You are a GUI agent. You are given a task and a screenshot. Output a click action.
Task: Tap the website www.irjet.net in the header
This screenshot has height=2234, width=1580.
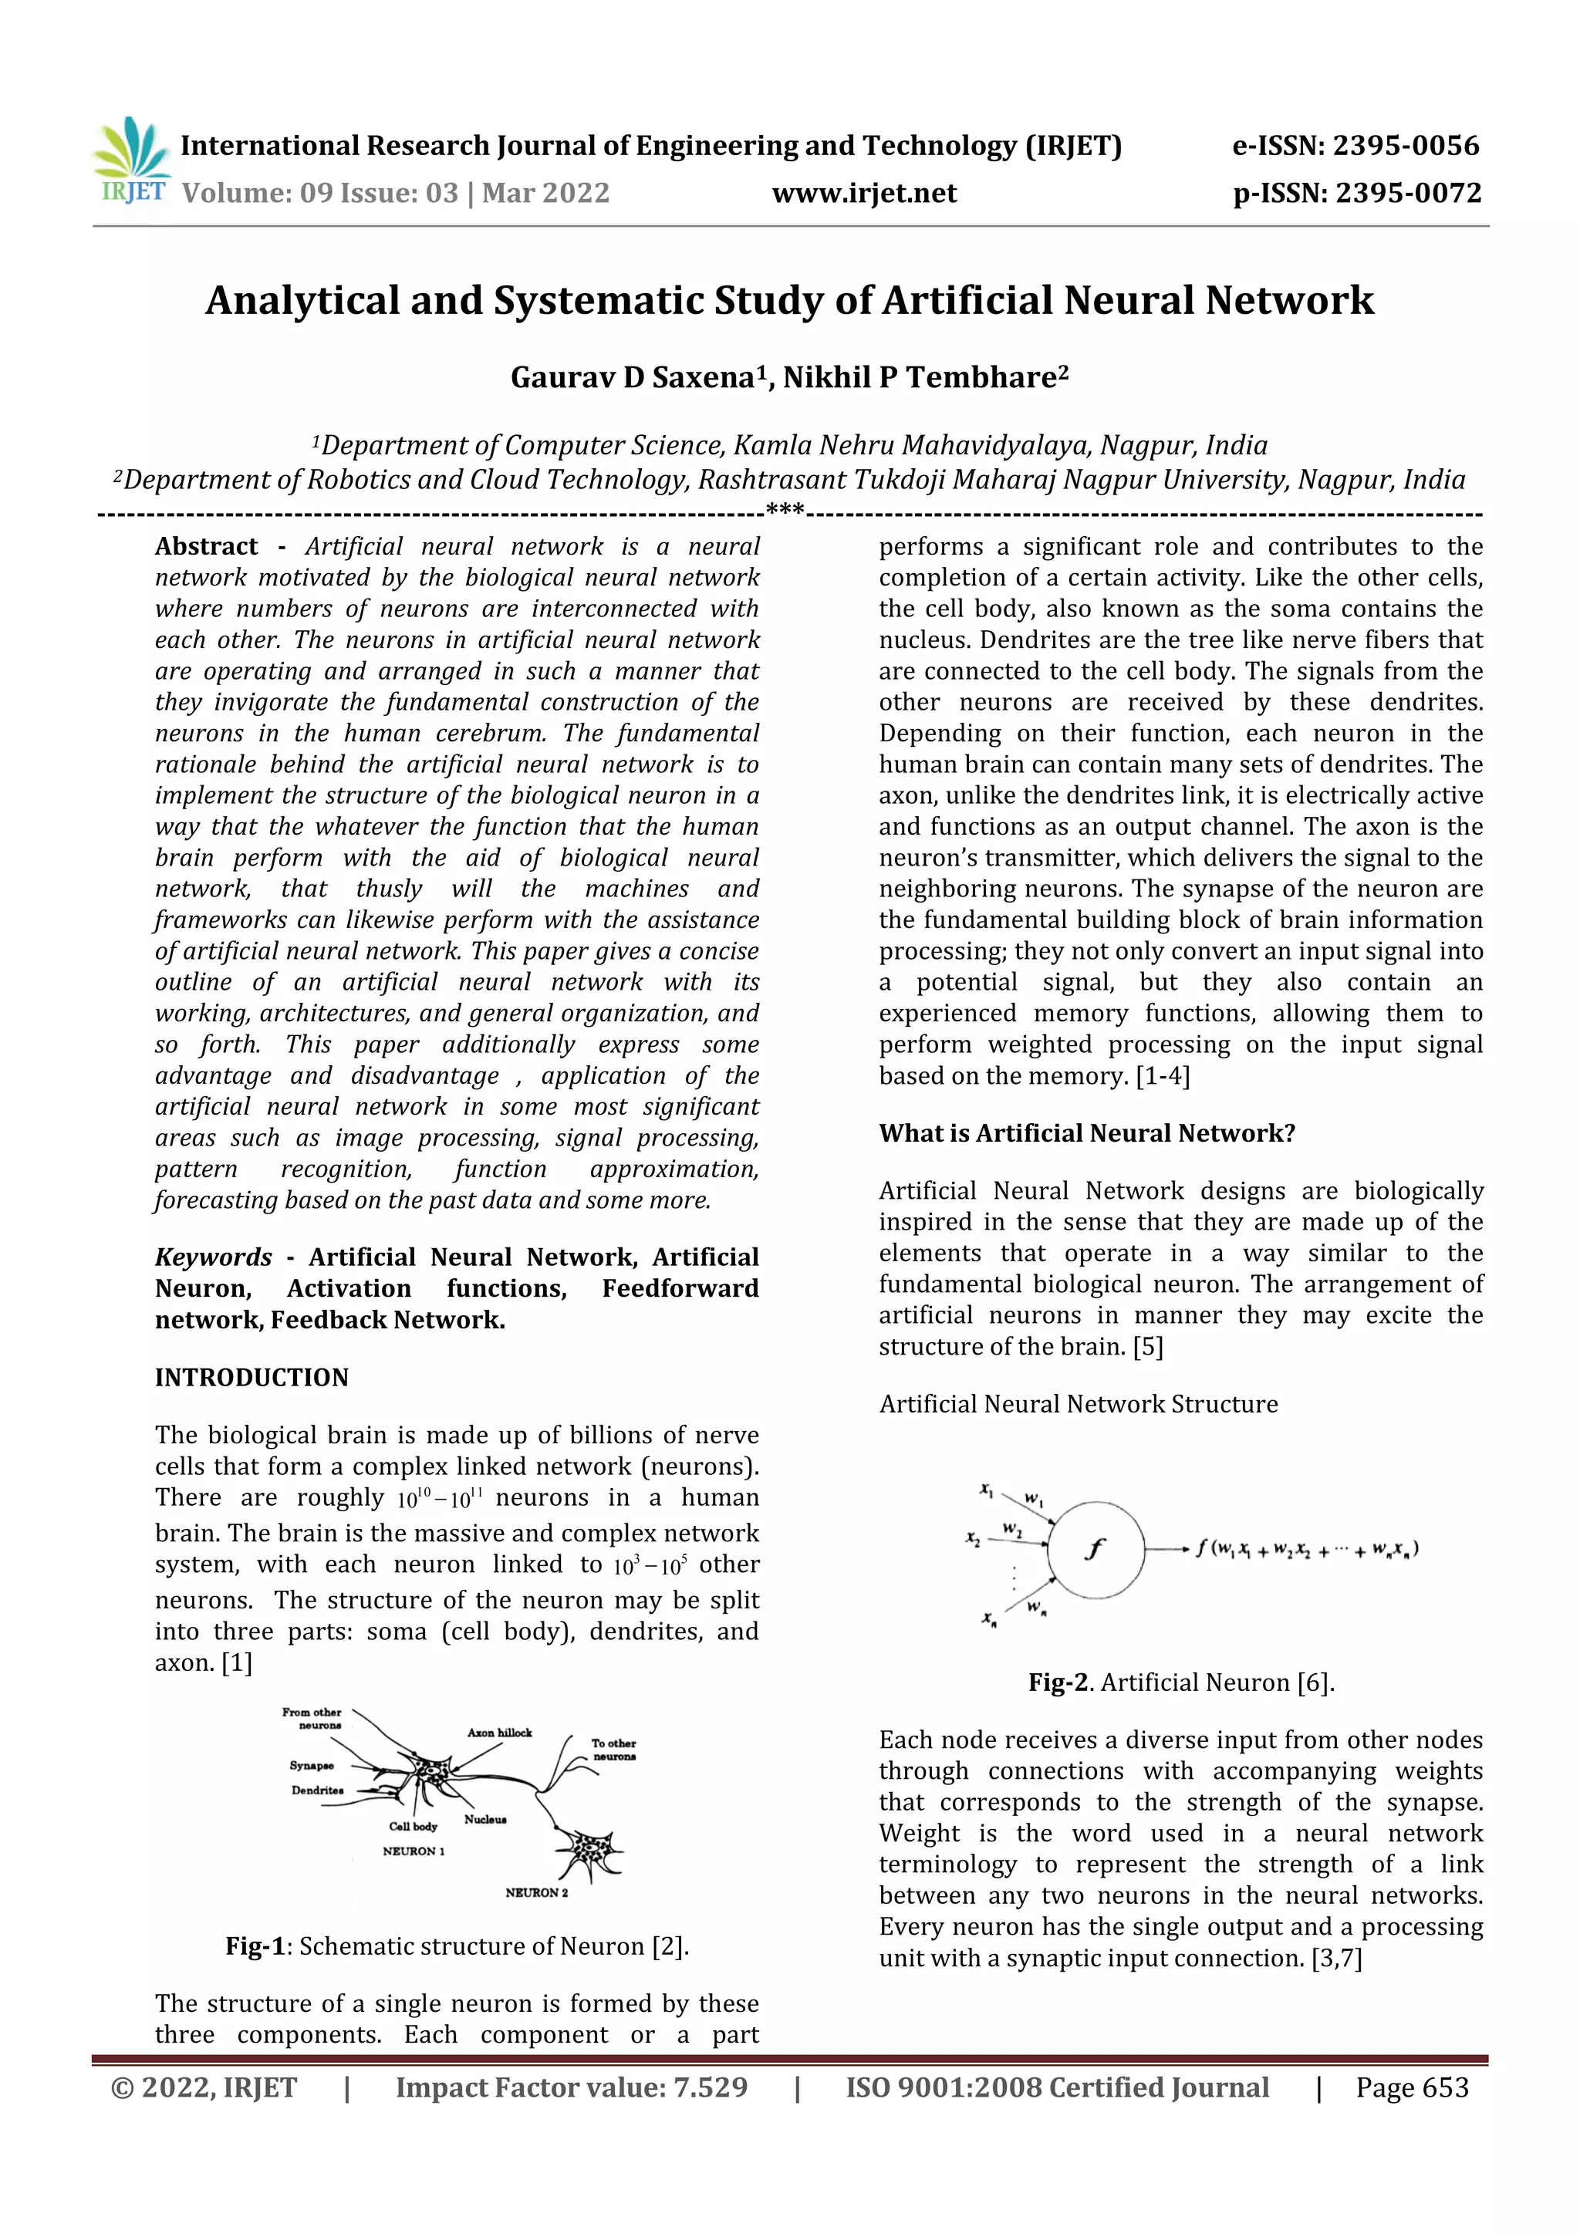[864, 194]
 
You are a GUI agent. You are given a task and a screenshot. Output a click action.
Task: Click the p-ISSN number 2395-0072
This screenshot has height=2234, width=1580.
[1408, 194]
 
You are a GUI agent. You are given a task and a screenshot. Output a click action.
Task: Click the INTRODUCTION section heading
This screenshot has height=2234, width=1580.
[251, 1378]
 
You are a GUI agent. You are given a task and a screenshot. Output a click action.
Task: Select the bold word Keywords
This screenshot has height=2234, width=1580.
[213, 1257]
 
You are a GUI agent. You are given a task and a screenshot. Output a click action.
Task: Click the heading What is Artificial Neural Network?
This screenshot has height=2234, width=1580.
[1087, 1133]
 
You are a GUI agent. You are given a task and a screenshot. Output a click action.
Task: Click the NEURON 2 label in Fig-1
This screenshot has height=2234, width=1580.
[536, 1892]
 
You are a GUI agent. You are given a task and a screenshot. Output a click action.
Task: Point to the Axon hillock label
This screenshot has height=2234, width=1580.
[499, 1733]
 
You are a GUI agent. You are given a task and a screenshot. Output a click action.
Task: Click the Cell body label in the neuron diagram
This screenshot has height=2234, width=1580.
[413, 1827]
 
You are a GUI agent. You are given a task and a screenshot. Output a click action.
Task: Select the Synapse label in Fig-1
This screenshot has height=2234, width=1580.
[312, 1765]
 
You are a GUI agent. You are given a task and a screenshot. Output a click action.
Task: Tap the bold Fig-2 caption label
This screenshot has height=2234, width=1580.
[1059, 1682]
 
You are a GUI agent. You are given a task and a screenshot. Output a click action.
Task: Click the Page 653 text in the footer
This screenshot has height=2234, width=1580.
[1412, 2087]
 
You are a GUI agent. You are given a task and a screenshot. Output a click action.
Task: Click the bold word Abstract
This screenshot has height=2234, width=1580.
[206, 547]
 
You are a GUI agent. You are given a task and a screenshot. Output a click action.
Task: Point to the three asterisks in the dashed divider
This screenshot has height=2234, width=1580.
[784, 510]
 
